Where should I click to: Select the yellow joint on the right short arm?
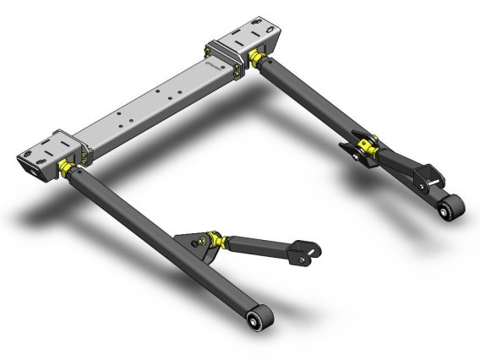point(365,150)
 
